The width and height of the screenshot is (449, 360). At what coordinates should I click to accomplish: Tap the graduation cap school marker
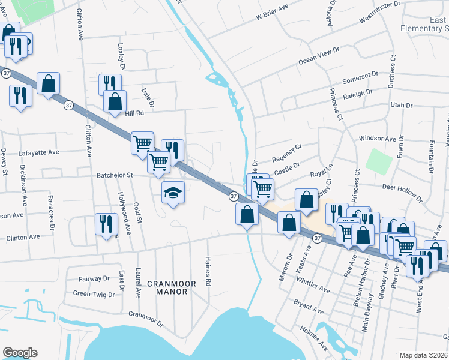tap(173, 193)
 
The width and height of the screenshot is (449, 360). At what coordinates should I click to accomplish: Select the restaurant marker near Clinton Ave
tap(106, 224)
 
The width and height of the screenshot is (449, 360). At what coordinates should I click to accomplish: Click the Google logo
tap(20, 353)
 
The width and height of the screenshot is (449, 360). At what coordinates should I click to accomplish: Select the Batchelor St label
tap(115, 175)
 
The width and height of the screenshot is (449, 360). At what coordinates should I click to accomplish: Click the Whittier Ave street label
tap(313, 282)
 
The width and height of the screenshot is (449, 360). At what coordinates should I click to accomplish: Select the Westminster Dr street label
tap(379, 12)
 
